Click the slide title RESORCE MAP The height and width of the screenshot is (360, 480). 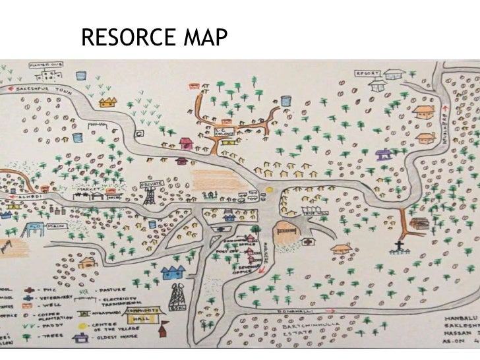[x=153, y=37]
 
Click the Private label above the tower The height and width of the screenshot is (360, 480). [x=151, y=185]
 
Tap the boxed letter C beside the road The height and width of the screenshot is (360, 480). [x=140, y=133]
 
